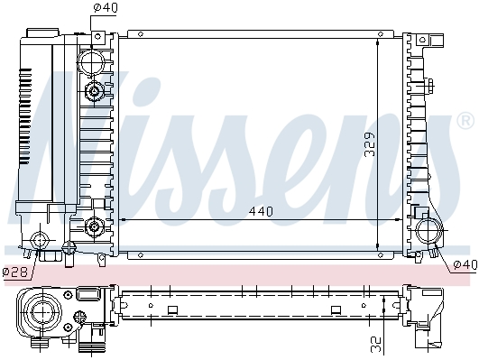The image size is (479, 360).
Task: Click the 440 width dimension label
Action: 261,211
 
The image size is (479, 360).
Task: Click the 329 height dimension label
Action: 369,144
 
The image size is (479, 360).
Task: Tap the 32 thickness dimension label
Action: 376,344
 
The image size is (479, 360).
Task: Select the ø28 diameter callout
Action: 15,272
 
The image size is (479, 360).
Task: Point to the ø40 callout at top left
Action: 105,8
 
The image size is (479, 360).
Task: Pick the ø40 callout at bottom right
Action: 465,264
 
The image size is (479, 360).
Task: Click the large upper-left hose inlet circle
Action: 91,61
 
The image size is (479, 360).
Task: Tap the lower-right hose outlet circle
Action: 429,231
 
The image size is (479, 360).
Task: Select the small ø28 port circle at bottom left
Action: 40,240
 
